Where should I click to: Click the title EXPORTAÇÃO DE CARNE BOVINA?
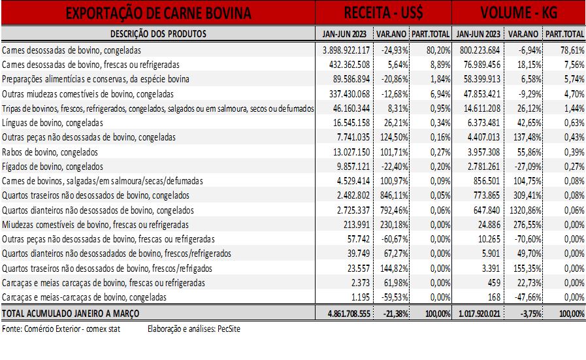tap(158, 13)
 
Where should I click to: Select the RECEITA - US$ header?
tap(383, 12)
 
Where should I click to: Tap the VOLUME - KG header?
tap(519, 12)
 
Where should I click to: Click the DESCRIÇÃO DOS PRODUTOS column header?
tap(158, 34)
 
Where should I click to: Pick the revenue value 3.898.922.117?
tap(346, 50)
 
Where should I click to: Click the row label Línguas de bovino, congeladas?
tap(52, 123)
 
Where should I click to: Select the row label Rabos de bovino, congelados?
tap(50, 152)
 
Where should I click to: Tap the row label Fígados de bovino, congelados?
tap(52, 167)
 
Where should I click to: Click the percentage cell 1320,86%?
tap(525, 210)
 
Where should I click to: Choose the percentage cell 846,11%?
tap(395, 195)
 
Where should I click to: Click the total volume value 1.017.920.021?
tap(479, 314)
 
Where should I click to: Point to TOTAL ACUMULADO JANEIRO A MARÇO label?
tap(71, 314)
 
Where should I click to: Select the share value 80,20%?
tap(438, 50)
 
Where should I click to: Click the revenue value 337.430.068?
tap(350, 94)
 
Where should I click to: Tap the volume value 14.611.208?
tap(481, 108)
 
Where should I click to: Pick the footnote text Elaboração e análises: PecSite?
tap(194, 329)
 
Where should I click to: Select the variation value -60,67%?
tap(395, 239)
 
